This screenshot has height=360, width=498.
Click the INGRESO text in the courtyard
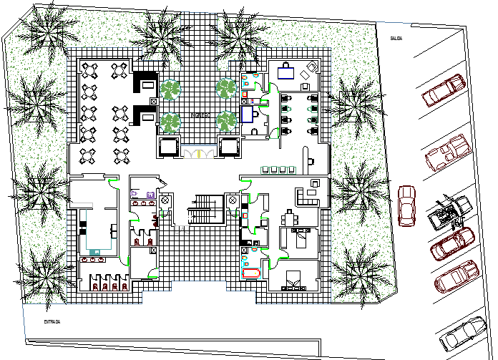point(199,115)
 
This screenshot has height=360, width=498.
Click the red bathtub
point(252,273)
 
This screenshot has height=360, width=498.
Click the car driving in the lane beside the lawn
point(406,206)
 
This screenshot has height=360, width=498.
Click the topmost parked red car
point(444,90)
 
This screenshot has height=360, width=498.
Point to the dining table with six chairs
point(288,217)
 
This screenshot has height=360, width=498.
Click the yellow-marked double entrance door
point(199,152)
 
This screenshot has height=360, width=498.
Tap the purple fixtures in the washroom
point(142,195)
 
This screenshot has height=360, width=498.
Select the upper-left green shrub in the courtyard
point(170,90)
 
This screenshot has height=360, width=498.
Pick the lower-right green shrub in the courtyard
point(227,121)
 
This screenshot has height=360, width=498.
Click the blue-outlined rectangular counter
point(248,115)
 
